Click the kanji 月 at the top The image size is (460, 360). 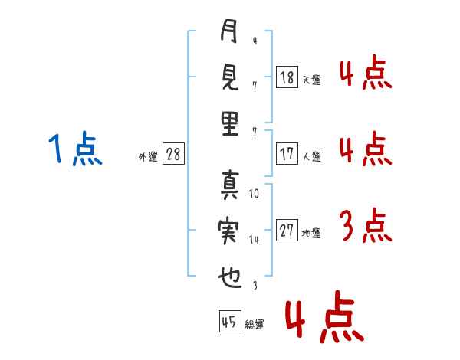pos(229,33)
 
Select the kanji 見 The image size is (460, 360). pos(229,77)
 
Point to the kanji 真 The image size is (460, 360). pos(229,185)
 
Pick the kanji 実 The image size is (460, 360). pos(229,231)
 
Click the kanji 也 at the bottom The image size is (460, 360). pos(229,277)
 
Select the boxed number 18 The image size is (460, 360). pos(287,77)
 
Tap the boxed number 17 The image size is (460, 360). pos(287,153)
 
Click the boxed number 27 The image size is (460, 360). pos(287,231)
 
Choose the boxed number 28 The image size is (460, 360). pos(173,155)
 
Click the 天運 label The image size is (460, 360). pos(311,79)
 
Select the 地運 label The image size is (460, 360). pos(311,234)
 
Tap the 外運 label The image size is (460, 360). pos(147,156)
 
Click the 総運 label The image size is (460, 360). pos(255,325)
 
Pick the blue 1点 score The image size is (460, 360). pos(74,148)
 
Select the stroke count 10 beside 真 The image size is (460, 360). pos(255,194)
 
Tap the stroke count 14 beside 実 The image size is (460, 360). pos(255,240)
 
